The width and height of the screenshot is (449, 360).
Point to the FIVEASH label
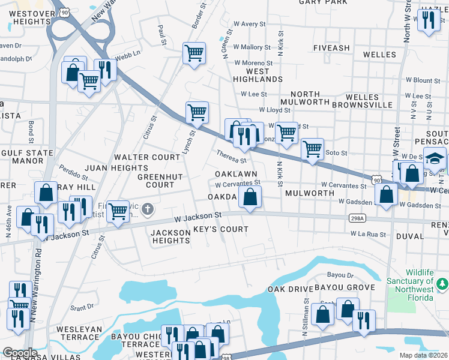pos(331,48)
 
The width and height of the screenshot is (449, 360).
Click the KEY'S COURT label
pos(220,229)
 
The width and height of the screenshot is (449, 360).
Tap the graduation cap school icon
pos(434,158)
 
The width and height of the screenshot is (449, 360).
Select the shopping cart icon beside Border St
pos(194,53)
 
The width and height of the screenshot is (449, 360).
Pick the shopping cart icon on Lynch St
pos(197,112)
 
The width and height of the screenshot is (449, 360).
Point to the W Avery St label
pos(249,24)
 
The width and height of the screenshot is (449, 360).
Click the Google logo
pos(20,353)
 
